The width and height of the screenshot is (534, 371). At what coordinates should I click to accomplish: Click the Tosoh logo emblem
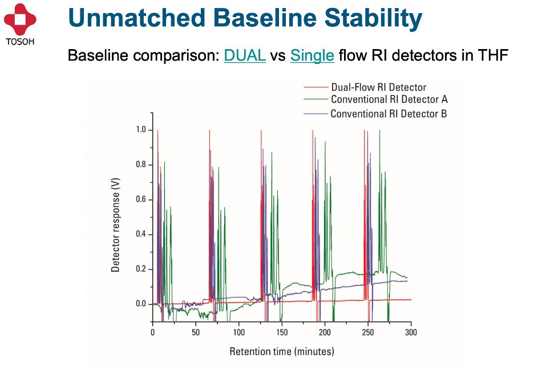coord(20,19)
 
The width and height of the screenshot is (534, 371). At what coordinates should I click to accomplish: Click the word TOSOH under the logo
coord(20,41)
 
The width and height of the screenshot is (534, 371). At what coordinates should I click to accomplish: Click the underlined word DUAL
coord(245,55)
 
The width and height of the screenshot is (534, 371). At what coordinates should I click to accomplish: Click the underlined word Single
coord(312,55)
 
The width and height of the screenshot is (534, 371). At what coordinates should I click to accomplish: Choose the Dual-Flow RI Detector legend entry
coord(378,87)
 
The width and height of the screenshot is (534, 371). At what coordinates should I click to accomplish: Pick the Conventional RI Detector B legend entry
coord(389,114)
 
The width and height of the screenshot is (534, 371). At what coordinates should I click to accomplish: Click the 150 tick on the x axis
coord(282,332)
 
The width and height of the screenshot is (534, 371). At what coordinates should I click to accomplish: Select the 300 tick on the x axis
coord(411,332)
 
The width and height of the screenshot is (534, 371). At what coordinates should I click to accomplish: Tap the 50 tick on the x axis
coord(196,332)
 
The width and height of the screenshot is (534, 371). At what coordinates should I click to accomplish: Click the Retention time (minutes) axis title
coord(282,351)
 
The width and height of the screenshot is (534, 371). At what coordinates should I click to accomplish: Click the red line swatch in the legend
coord(314,87)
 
